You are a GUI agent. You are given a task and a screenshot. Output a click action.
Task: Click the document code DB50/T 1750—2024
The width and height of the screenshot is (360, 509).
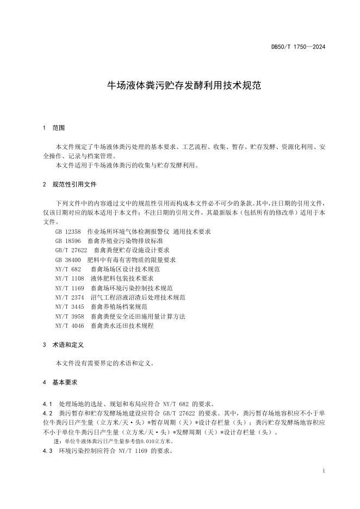(298, 47)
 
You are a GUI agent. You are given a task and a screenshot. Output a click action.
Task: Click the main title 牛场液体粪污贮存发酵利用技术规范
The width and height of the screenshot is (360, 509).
(179, 86)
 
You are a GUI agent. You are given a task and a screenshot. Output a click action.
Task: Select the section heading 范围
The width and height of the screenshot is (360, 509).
(58, 128)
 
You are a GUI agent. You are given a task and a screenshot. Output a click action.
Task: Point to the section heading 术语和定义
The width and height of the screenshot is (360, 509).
(68, 345)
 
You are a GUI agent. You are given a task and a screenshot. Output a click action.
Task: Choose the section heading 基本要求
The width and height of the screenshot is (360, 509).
(65, 382)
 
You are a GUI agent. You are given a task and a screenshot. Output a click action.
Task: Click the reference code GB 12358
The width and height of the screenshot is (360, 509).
(68, 232)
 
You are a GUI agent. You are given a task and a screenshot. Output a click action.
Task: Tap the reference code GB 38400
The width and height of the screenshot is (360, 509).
(68, 259)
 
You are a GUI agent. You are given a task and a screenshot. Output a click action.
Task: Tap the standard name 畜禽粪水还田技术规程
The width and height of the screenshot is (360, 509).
(122, 325)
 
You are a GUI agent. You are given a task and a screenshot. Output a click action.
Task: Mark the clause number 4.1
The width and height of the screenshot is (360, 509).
(47, 404)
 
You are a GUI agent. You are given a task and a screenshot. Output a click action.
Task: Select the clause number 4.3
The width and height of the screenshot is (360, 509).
(47, 451)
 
